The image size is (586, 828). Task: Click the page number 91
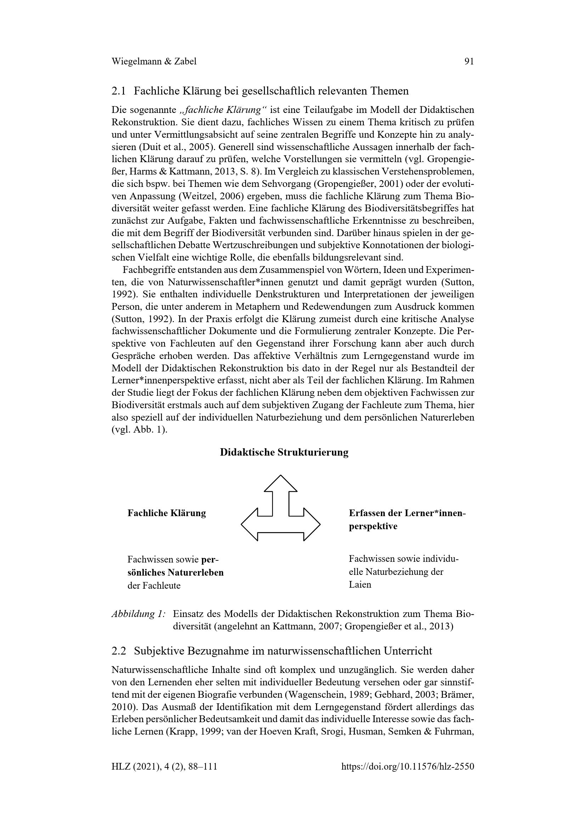(x=469, y=62)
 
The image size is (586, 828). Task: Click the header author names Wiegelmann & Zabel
(x=154, y=62)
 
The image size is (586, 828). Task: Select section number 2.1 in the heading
(x=119, y=91)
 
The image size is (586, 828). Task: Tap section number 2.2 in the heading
(x=119, y=651)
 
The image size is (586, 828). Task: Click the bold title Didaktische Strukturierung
(x=284, y=452)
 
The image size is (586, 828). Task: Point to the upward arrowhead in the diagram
(x=281, y=484)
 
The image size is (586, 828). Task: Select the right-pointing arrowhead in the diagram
(x=312, y=525)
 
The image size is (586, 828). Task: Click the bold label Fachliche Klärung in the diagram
(x=167, y=513)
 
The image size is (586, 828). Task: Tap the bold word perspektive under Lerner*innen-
(x=373, y=526)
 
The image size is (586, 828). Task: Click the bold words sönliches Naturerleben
(x=175, y=572)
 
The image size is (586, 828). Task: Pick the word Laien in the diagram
(x=360, y=584)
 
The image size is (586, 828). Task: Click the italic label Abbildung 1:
(x=139, y=614)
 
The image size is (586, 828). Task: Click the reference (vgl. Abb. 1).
(x=139, y=430)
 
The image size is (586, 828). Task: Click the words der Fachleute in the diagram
(x=154, y=585)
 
